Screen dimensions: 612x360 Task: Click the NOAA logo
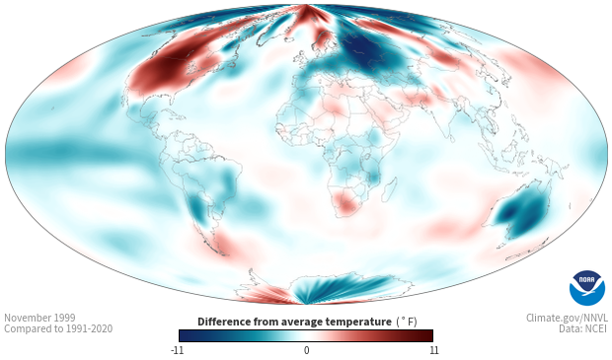[x=587, y=288]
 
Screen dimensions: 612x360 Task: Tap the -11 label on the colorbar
[x=177, y=350]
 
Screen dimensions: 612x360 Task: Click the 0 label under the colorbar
[x=306, y=350]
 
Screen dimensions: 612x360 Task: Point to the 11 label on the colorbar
[x=433, y=350]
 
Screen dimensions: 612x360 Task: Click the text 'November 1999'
[x=39, y=318]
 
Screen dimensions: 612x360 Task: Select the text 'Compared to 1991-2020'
[x=58, y=328]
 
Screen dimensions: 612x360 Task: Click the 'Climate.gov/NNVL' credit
[x=567, y=318]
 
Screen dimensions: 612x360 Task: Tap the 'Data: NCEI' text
[x=583, y=328]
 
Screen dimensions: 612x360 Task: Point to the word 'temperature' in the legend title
[x=358, y=323]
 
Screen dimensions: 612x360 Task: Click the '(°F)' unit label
[x=407, y=323]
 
